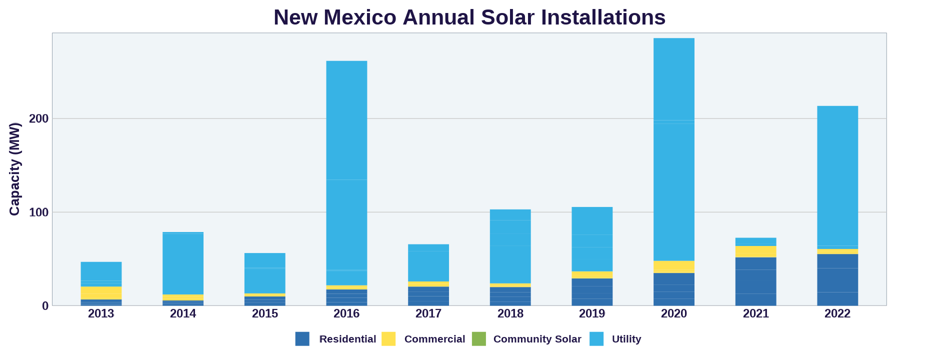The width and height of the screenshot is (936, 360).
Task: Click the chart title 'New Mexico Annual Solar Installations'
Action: point(469,17)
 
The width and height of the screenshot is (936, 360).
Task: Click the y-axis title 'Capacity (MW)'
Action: point(14,169)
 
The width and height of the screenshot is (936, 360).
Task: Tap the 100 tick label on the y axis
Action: point(39,212)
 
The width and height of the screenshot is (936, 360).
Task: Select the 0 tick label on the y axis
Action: point(45,306)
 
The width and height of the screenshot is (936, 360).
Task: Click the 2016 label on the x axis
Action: point(346,314)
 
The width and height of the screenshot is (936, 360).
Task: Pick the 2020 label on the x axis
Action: point(673,314)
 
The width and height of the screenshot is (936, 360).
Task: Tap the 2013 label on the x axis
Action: point(101,314)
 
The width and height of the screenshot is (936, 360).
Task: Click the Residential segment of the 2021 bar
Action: point(755,281)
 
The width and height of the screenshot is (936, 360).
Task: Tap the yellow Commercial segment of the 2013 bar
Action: point(101,293)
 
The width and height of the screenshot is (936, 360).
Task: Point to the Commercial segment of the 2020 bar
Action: point(673,267)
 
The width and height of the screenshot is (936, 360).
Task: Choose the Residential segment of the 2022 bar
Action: point(837,280)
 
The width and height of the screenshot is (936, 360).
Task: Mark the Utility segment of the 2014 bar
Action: point(183,263)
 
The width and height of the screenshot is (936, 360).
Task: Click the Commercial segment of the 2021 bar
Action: point(755,251)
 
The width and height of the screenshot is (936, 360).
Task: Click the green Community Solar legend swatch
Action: point(478,339)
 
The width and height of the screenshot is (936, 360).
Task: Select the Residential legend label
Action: point(347,339)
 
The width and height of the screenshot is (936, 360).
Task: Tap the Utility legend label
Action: point(626,339)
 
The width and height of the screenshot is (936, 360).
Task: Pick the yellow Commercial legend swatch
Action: point(388,339)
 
